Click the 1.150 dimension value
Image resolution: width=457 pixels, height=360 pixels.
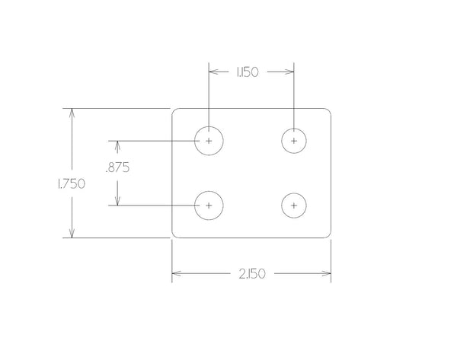tap(247, 72)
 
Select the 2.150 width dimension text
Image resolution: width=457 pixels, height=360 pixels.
tap(252, 274)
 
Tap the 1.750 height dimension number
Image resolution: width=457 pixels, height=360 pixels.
tap(71, 183)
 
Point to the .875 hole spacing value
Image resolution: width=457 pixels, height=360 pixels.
tap(117, 167)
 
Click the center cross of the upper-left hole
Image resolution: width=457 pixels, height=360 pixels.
tap(209, 141)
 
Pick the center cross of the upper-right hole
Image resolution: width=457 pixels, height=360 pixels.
tap(294, 141)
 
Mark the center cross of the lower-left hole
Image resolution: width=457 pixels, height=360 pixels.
tap(209, 205)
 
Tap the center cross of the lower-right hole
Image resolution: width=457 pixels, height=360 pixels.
tap(294, 205)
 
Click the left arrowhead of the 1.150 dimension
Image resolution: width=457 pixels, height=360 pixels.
tap(214, 72)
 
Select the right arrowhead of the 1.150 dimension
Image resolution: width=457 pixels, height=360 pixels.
tap(288, 72)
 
